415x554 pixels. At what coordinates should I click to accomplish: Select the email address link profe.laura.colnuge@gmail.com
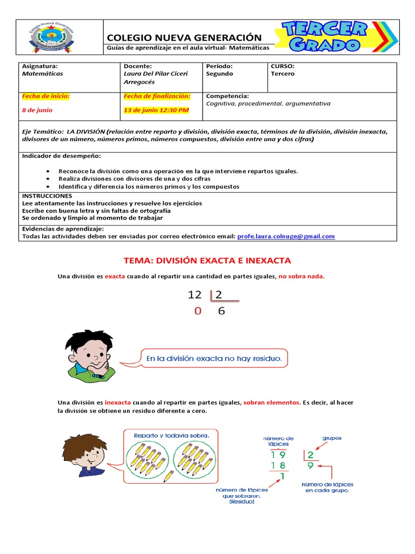(286, 236)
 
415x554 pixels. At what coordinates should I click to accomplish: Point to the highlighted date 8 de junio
(37, 110)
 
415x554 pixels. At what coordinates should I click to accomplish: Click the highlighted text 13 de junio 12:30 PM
(157, 110)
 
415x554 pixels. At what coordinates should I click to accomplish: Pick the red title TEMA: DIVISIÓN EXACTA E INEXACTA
(207, 260)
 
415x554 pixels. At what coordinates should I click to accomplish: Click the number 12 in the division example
(195, 295)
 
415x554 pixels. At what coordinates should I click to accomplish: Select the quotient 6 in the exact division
(221, 311)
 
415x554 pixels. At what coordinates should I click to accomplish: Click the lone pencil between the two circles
(168, 476)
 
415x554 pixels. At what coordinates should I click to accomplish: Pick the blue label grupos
(332, 438)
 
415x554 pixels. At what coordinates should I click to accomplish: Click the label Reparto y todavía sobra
(171, 435)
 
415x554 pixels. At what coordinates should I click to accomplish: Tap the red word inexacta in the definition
(118, 403)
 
